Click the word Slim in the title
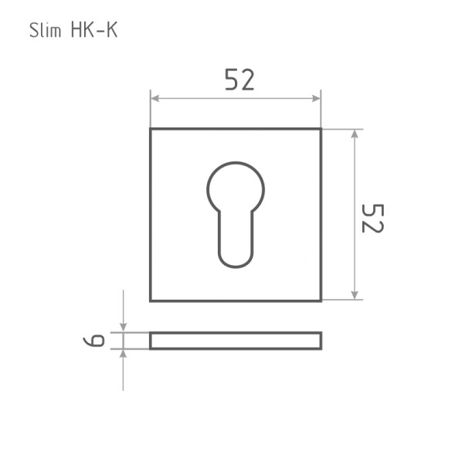point(44,31)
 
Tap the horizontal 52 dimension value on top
point(239,80)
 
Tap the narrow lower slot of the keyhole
point(236,239)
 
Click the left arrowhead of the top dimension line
point(155,99)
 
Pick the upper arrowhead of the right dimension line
point(355,134)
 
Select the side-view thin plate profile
point(236,341)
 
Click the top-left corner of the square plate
point(151,129)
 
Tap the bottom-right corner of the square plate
point(321,300)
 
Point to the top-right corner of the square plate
point(321,129)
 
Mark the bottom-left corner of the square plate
point(151,300)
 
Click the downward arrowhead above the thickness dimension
point(124,328)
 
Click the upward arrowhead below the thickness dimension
point(124,354)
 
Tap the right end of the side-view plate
point(320,341)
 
